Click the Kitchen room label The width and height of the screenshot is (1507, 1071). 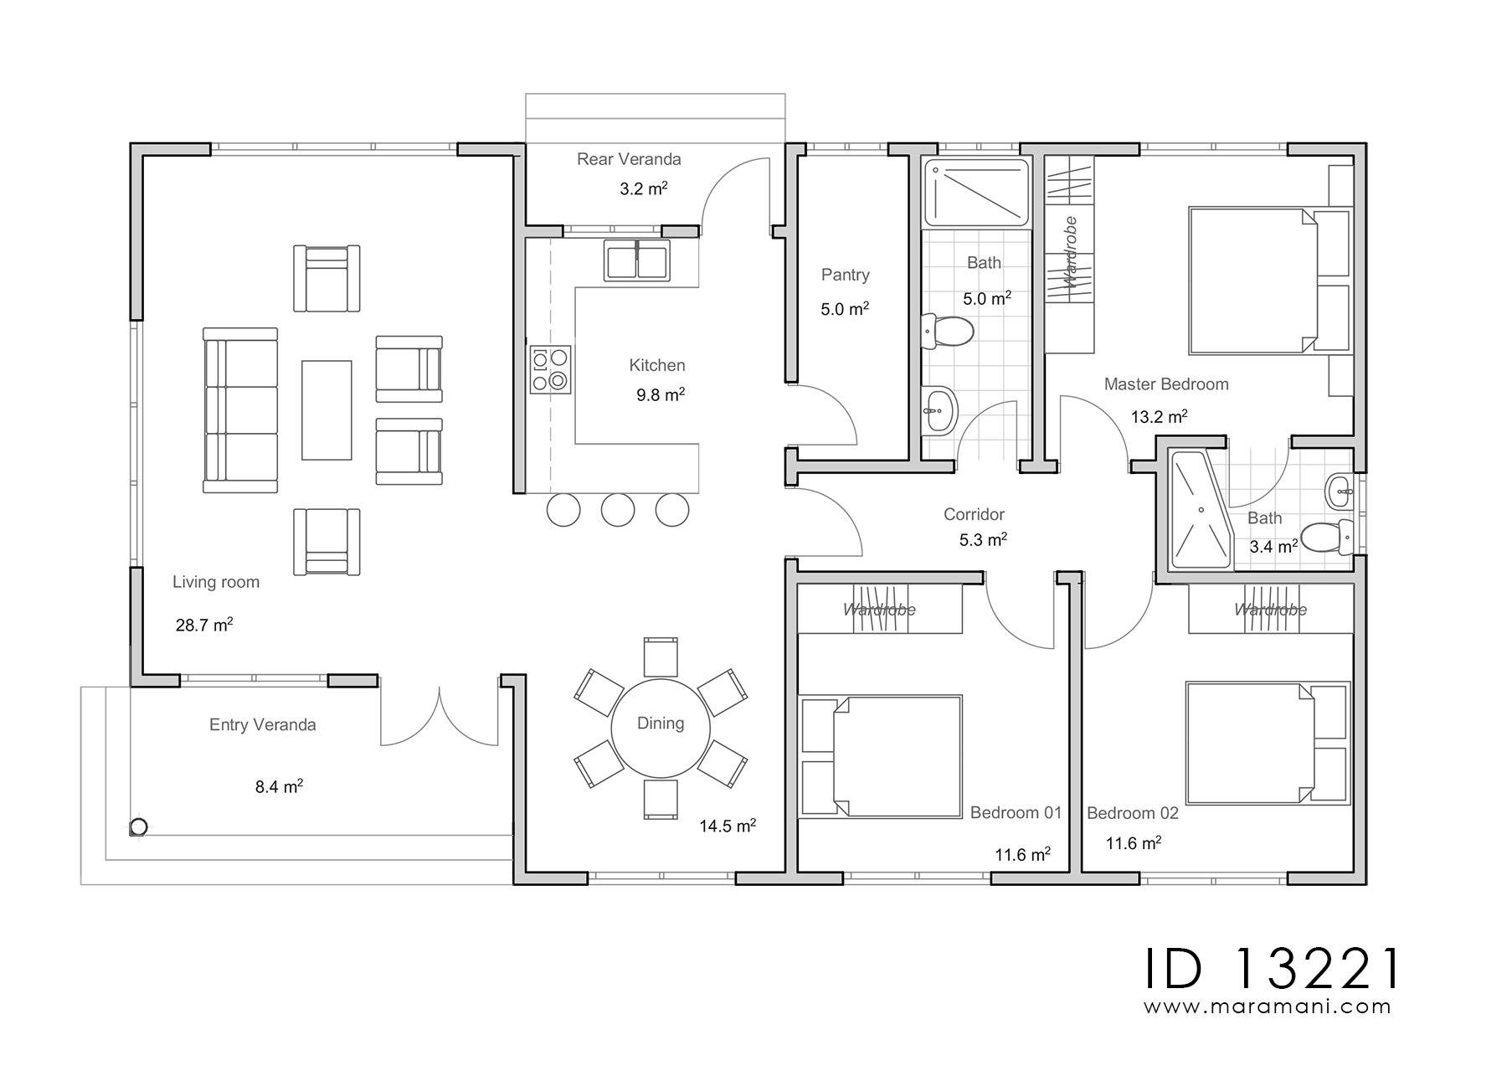pyautogui.click(x=657, y=365)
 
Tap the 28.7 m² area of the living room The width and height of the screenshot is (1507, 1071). pyautogui.click(x=204, y=625)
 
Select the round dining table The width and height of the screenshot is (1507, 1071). pyautogui.click(x=661, y=723)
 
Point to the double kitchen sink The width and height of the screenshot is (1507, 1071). pyautogui.click(x=637, y=260)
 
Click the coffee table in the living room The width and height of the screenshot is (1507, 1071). pyautogui.click(x=327, y=409)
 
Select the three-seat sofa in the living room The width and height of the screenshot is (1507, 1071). pyautogui.click(x=240, y=410)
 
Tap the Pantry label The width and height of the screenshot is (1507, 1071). pyautogui.click(x=846, y=275)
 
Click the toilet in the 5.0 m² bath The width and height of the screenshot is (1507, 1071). pyautogui.click(x=947, y=331)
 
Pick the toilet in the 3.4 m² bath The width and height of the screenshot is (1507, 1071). pyautogui.click(x=1328, y=536)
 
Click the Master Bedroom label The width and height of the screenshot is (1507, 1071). pyautogui.click(x=1166, y=384)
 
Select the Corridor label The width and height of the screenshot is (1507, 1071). pyautogui.click(x=974, y=514)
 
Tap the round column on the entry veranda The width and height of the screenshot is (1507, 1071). pyautogui.click(x=138, y=826)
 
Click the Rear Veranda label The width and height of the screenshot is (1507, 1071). pyautogui.click(x=629, y=159)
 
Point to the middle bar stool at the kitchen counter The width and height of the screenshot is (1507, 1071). pyautogui.click(x=618, y=510)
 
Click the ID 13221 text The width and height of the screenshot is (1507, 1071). pyautogui.click(x=1272, y=969)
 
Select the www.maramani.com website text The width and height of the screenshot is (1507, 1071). pyautogui.click(x=1268, y=1007)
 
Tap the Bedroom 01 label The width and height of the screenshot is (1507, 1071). pyautogui.click(x=1016, y=812)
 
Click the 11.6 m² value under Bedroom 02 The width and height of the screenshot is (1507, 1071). pyautogui.click(x=1134, y=843)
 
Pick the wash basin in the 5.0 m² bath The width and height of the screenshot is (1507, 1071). pyautogui.click(x=942, y=411)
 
